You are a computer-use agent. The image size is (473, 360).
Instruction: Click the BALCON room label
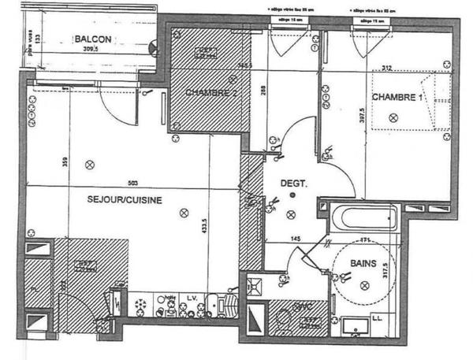pos(94,39)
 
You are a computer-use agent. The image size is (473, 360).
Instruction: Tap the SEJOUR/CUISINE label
pos(125,200)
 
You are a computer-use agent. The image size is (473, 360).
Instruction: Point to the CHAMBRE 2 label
pos(211,93)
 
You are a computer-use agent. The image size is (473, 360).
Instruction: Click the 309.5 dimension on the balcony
pos(97,48)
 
